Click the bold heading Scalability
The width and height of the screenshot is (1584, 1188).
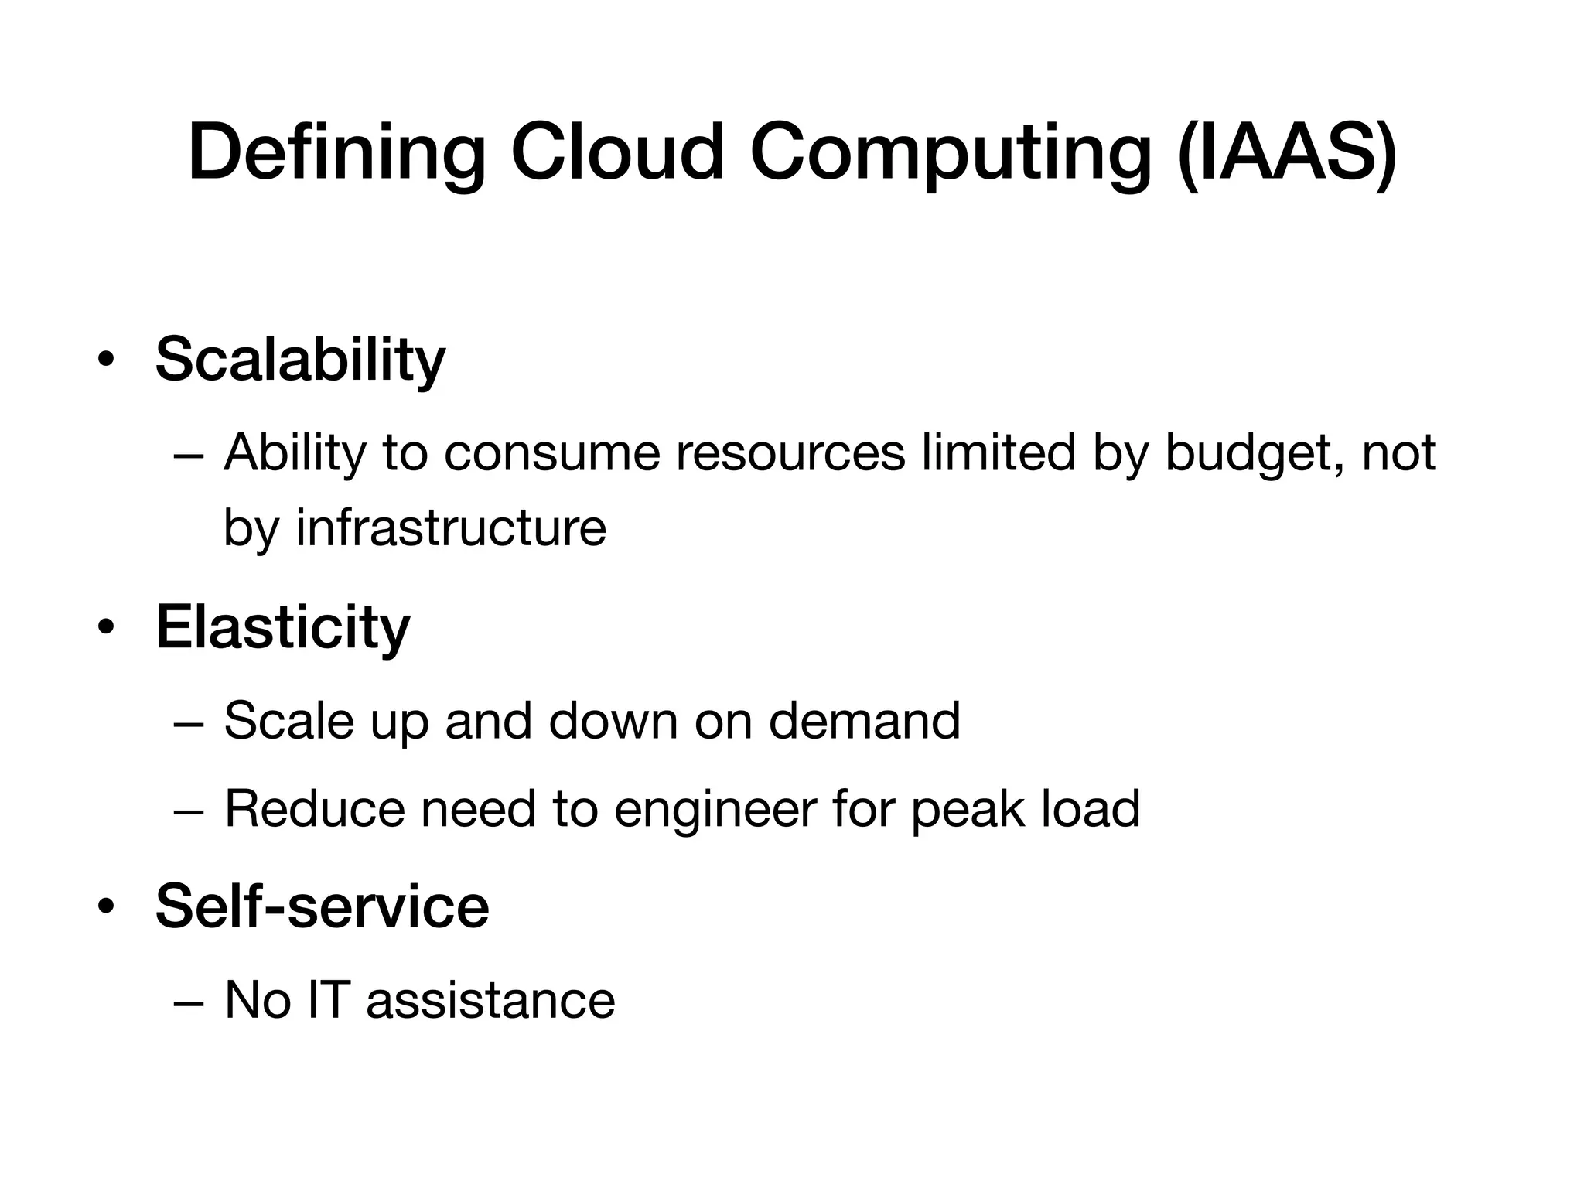tap(300, 360)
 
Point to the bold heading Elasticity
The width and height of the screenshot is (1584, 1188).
tap(282, 627)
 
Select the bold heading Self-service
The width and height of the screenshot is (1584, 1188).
tap(322, 906)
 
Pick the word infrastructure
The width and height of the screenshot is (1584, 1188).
tap(451, 528)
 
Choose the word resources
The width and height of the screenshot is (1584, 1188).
tap(790, 453)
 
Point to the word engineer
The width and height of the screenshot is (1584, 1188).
tap(715, 809)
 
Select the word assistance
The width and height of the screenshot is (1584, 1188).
tap(490, 1000)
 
